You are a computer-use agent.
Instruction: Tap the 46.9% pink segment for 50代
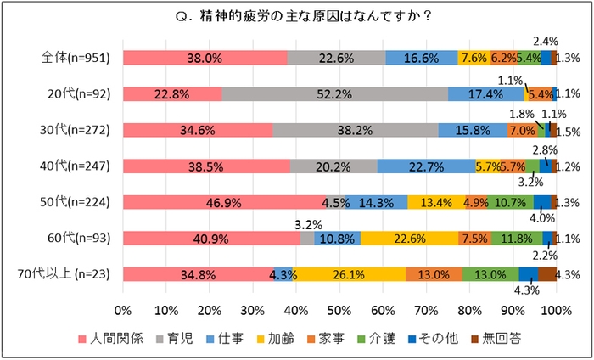click(224, 202)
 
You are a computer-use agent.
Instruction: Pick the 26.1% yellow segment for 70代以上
click(349, 274)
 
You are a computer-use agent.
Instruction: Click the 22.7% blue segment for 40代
click(426, 166)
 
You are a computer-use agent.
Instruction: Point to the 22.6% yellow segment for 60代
click(409, 239)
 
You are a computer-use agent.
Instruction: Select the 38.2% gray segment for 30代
click(356, 130)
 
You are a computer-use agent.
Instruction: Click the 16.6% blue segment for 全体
click(422, 58)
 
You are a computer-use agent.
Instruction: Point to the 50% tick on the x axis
click(339, 309)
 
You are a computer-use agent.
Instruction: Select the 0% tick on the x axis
click(123, 309)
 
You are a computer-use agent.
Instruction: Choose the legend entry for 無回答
click(527, 339)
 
